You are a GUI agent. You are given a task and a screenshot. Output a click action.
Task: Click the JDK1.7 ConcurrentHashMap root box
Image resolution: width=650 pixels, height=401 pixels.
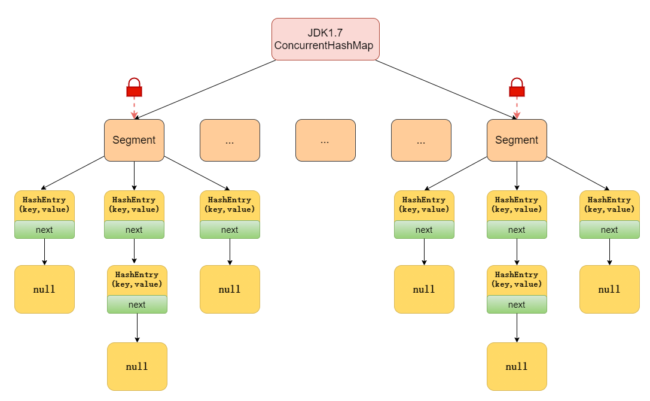325,39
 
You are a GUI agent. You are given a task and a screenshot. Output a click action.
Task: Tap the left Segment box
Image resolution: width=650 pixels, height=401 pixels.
134,140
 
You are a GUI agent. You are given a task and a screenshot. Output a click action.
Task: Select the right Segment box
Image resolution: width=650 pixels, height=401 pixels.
517,140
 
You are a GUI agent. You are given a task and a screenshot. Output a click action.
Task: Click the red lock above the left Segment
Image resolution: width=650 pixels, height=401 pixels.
134,88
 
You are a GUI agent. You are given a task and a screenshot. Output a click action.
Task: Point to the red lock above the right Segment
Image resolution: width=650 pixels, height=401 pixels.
517,88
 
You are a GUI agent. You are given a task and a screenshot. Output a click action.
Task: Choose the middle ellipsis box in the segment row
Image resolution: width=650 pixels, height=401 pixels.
325,140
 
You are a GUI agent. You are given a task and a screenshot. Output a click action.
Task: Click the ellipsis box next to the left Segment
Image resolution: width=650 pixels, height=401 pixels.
230,140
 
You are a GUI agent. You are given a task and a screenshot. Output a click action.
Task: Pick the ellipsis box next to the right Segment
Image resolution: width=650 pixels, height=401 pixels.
421,140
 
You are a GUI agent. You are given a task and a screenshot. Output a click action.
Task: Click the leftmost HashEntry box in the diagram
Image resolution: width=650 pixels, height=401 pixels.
44,205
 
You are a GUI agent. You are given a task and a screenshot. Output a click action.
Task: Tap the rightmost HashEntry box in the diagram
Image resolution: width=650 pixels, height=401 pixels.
609,205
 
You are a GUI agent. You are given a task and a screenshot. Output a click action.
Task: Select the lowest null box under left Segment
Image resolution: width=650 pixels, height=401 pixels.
137,366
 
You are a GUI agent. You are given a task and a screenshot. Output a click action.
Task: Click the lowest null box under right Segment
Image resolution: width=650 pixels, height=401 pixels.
517,366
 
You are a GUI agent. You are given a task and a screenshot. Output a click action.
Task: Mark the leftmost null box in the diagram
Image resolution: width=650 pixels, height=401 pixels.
44,289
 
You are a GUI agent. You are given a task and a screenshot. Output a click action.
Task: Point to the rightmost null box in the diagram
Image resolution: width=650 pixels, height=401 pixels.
609,289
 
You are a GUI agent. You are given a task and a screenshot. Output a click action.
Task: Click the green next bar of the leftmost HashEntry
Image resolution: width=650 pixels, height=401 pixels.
44,230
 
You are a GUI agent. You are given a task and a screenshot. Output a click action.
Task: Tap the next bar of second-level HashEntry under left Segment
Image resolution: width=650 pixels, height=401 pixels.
137,305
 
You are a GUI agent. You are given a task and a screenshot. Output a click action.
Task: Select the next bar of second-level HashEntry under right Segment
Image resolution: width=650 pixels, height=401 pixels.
517,305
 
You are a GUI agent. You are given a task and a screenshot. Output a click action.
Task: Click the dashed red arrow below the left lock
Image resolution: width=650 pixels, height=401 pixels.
134,108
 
